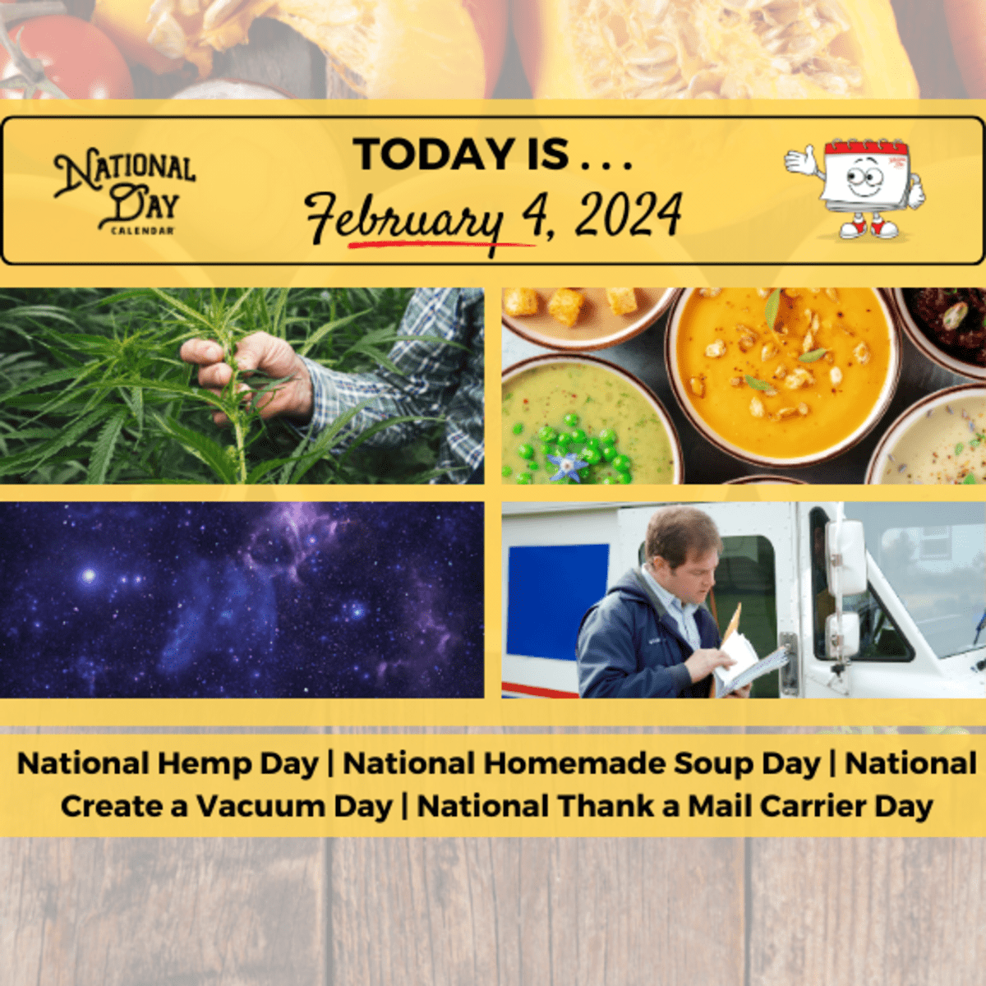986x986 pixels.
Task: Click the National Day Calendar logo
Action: click(x=124, y=192)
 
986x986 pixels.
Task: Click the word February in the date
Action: click(x=404, y=217)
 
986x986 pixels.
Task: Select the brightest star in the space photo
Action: click(x=89, y=576)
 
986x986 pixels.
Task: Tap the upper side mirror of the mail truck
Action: click(x=845, y=556)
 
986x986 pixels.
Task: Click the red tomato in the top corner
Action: click(x=62, y=57)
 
